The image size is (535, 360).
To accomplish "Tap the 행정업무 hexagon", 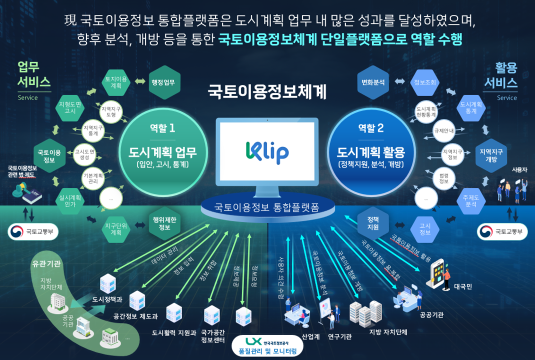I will pyautogui.click(x=164, y=82).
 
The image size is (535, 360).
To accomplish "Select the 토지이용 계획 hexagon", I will pyautogui.click(x=116, y=82).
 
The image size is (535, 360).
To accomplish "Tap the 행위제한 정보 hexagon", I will pyautogui.click(x=164, y=223).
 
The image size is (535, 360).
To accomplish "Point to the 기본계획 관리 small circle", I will pyautogui.click(x=93, y=178).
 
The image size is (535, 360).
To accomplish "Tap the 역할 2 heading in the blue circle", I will pyautogui.click(x=371, y=128).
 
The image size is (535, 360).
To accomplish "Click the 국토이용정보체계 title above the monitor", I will pyautogui.click(x=267, y=92).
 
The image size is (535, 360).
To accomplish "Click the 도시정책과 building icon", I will pyautogui.click(x=107, y=284).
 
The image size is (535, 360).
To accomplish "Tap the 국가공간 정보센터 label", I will pyautogui.click(x=212, y=336).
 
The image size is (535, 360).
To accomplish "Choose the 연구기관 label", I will pyautogui.click(x=339, y=336).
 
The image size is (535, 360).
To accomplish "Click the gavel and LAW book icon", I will pyautogui.click(x=27, y=192).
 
